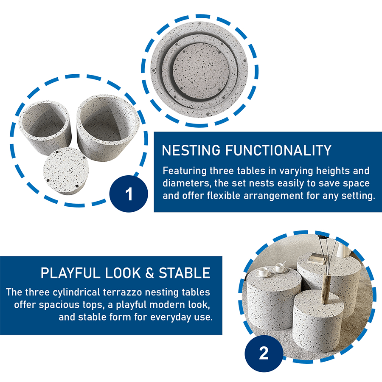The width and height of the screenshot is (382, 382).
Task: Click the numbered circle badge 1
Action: pyautogui.click(x=129, y=194)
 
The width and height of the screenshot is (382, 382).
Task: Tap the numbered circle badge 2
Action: pyautogui.click(x=264, y=353)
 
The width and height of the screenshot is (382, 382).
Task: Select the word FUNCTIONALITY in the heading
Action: pyautogui.click(x=278, y=150)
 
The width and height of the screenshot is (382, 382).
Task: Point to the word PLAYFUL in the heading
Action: pyautogui.click(x=70, y=273)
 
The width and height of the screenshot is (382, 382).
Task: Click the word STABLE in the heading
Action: pyautogui.click(x=185, y=273)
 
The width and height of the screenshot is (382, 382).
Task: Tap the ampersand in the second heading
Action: pyautogui.click(x=150, y=273)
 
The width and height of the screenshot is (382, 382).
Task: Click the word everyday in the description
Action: pyautogui.click(x=171, y=317)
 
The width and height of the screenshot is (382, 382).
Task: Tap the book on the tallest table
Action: pyautogui.click(x=316, y=258)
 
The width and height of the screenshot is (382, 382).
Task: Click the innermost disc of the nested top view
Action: pyautogui.click(x=201, y=70)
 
